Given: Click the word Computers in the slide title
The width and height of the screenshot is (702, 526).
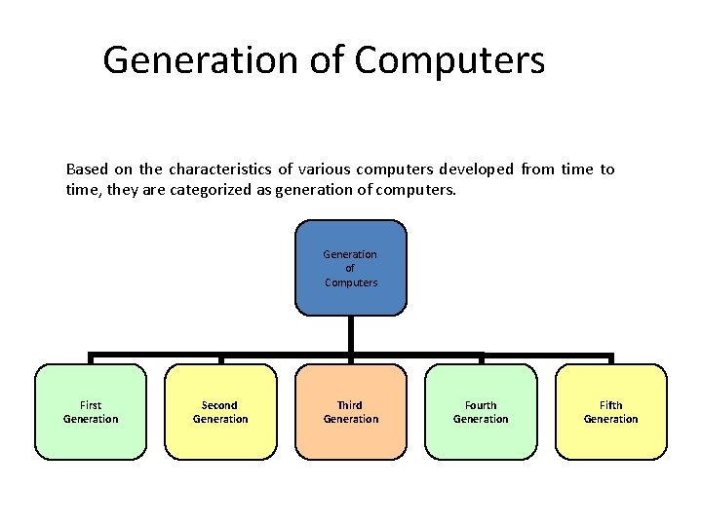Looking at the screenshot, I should point(449,60).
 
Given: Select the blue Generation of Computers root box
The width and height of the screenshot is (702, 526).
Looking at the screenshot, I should point(350,268).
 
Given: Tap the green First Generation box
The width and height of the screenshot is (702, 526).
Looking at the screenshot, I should point(91,412).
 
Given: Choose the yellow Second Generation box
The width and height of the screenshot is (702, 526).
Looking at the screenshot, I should point(220,412).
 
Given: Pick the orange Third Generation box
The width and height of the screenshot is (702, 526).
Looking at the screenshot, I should point(350,412).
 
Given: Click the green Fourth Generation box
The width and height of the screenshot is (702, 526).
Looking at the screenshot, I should point(481,412).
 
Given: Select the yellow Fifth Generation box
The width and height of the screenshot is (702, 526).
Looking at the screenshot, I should point(611,412).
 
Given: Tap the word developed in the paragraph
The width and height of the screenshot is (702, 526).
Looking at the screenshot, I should point(476,169).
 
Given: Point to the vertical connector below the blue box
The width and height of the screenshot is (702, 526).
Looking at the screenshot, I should point(350,335).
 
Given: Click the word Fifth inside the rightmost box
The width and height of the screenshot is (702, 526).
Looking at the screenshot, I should point(611,405).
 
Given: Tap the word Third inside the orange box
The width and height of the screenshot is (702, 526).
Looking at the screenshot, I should point(350,405).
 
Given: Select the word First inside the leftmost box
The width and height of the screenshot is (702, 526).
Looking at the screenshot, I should point(91,405).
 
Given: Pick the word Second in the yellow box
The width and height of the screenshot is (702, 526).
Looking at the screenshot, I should point(220,405).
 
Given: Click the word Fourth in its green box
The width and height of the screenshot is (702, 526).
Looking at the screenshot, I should point(481,405).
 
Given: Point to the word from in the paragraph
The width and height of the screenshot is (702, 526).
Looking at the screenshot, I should point(537,169).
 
